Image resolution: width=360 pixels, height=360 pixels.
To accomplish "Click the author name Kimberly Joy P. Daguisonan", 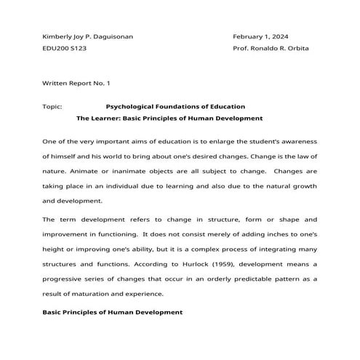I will tap(88, 36).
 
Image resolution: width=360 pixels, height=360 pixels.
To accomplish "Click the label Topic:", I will tap(52, 106).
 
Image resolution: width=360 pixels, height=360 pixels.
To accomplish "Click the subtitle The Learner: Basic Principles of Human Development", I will tap(169, 118).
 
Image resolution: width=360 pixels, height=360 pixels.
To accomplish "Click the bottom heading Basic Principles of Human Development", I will tap(112, 312).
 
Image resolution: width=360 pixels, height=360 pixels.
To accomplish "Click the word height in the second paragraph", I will tap(54, 249).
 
